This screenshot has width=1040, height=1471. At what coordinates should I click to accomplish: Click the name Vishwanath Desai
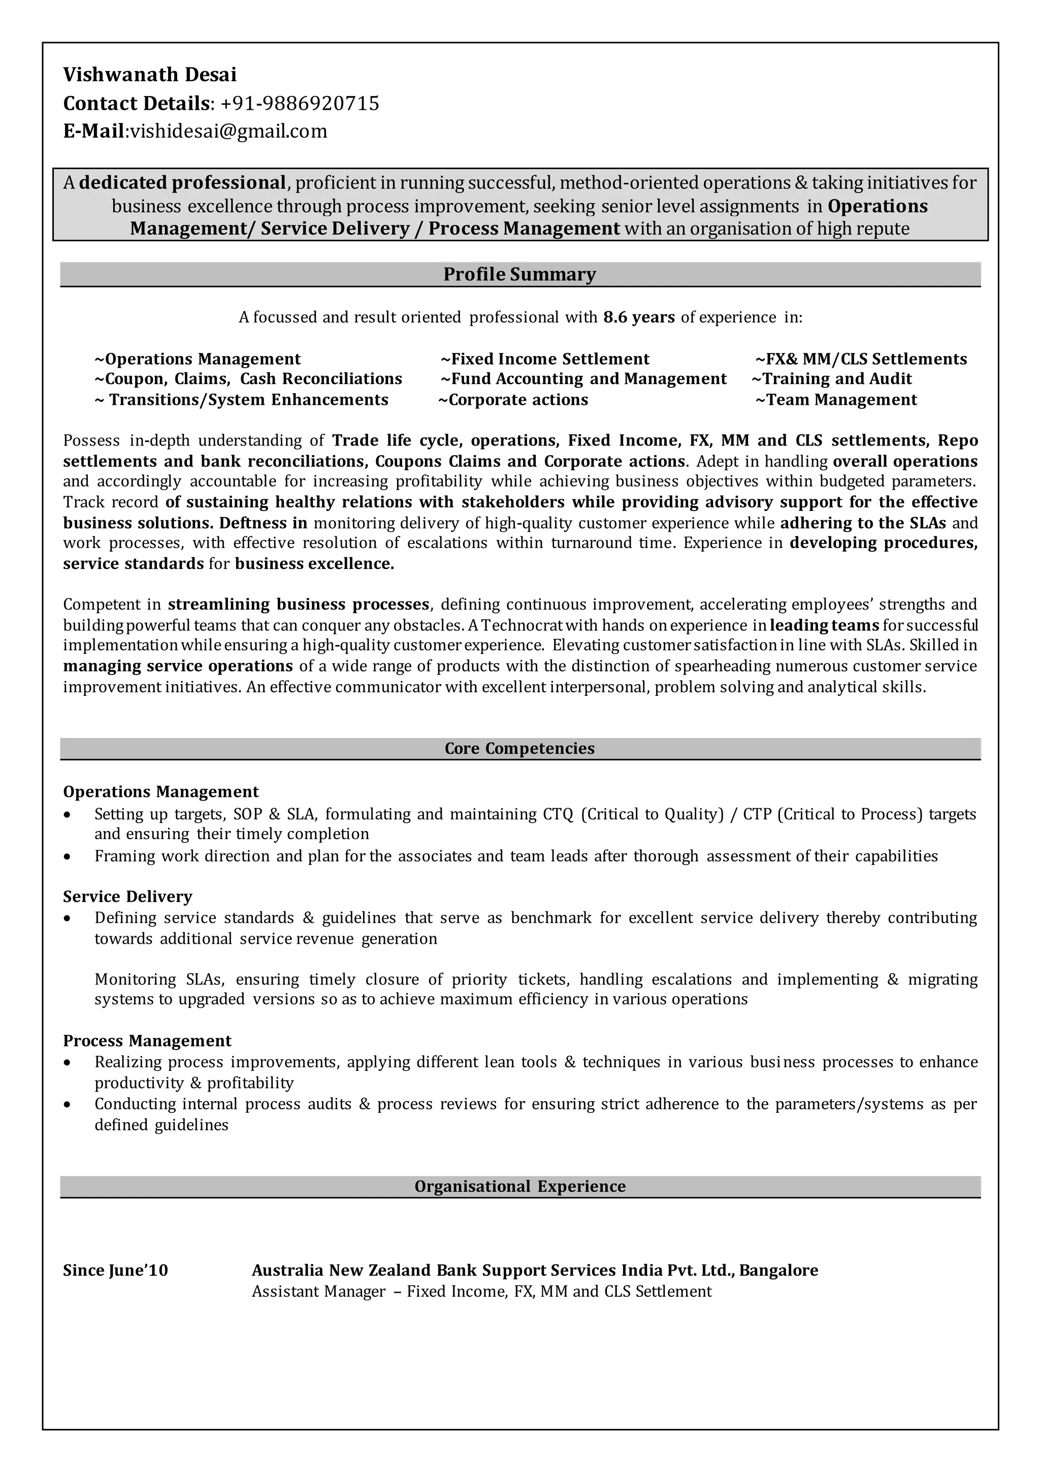(150, 75)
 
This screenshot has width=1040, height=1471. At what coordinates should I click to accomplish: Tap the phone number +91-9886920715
(300, 103)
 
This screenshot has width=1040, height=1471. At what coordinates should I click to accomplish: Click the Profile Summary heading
(519, 274)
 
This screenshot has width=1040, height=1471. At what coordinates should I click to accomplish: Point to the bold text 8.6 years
(638, 317)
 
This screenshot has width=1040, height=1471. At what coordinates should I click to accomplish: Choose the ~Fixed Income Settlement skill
(545, 359)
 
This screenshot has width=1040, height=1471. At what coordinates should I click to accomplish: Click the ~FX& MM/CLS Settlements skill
(861, 359)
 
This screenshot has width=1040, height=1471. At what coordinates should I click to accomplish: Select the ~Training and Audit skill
(831, 378)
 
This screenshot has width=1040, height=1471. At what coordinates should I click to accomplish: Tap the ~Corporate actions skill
(513, 400)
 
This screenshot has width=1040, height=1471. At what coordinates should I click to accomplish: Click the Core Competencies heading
(519, 748)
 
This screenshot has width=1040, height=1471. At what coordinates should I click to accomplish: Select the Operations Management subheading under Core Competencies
(161, 792)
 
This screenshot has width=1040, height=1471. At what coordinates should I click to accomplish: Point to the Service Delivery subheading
(127, 897)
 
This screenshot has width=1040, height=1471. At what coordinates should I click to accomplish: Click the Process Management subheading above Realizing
(147, 1040)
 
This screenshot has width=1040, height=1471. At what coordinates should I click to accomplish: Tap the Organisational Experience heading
(519, 1186)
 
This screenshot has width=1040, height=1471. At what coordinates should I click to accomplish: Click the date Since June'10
(115, 1270)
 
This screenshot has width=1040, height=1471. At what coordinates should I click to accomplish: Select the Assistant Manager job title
(319, 1291)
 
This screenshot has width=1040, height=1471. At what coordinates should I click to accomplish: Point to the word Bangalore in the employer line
(778, 1270)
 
